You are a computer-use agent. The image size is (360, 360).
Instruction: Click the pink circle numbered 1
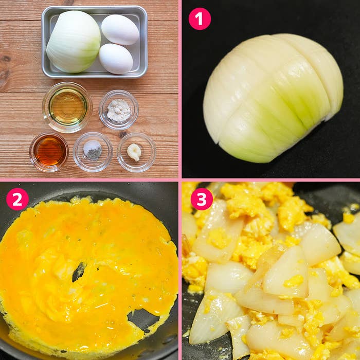coord(200,19)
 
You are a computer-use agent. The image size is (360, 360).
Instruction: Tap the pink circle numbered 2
coord(17,200)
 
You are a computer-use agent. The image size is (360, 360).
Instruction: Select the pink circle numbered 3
coord(202,199)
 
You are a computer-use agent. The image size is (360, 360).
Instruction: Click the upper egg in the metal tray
coord(120,30)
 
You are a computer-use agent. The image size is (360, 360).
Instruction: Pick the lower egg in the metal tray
coord(116,59)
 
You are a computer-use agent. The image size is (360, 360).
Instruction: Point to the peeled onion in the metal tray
coord(74,42)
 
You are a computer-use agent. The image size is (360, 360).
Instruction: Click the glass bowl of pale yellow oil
coord(67,107)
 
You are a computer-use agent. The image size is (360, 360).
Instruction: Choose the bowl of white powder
coord(119,110)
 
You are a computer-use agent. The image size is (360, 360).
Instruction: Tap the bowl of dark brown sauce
coord(49,152)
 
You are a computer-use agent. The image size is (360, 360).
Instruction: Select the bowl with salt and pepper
coord(93,152)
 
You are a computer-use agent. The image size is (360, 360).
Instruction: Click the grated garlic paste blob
coord(134,152)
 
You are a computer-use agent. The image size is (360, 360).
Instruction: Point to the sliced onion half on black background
coord(273,98)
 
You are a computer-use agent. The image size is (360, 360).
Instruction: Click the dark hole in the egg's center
coord(79,272)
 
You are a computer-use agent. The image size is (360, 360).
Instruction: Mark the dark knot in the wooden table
coord(6,59)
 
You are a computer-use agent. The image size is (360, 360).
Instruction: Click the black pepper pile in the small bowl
coord(93,154)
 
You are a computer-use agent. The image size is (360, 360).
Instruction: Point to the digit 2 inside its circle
coord(17,200)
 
